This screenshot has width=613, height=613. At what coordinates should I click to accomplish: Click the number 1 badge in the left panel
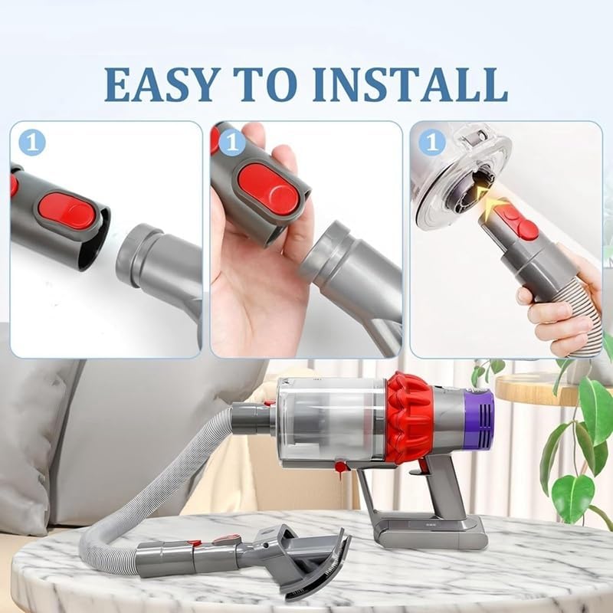[x=31, y=143]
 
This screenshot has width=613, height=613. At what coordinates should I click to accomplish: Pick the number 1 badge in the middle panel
[x=233, y=143]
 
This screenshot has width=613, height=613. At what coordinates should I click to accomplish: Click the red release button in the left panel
[x=67, y=211]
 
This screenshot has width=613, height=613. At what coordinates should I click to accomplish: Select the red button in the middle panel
[x=267, y=188]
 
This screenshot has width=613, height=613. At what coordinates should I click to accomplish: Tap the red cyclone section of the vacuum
[x=410, y=418]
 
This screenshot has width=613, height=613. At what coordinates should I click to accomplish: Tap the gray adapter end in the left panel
[x=153, y=261]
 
